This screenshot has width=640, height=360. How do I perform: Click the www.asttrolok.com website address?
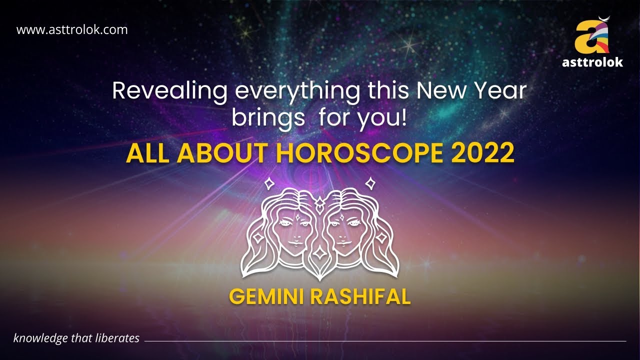click(72, 29)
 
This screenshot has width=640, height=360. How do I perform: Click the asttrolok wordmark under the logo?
click(592, 62)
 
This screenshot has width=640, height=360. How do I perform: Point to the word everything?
click(298, 92)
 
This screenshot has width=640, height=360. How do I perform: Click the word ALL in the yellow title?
click(145, 153)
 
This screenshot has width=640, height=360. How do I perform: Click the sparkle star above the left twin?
click(269, 183)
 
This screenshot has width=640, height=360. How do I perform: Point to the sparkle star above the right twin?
click(370, 183)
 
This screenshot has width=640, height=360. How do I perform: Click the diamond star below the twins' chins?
click(318, 253)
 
